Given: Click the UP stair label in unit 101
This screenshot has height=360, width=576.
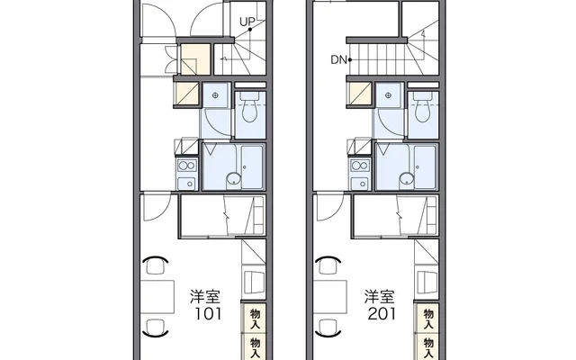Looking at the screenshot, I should [247, 22].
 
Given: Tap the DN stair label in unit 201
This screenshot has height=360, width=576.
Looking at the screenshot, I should [337, 61].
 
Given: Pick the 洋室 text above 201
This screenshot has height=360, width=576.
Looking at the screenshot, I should [378, 296].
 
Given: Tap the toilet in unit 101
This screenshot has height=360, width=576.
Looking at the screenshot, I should [249, 111].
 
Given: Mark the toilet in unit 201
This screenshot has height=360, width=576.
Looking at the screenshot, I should [422, 111].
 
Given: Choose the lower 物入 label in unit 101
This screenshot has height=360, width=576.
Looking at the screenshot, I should [255, 346].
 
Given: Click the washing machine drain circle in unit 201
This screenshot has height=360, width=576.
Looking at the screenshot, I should [391, 93].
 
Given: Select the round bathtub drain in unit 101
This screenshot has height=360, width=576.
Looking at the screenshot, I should [232, 178].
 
